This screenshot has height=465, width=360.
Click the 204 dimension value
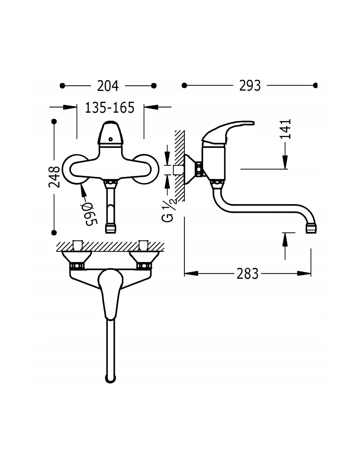108,86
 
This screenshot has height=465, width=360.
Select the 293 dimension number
250,86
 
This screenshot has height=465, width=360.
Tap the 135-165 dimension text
110,108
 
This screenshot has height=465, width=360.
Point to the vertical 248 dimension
54,177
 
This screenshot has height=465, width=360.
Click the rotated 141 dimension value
285,129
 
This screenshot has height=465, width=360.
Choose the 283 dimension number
247,274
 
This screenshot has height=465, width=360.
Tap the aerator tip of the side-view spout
311,228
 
